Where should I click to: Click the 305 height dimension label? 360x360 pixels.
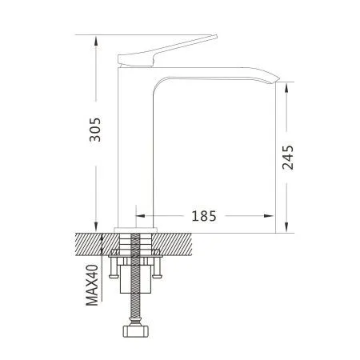tap(95, 130)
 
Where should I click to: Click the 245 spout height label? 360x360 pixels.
tap(288, 158)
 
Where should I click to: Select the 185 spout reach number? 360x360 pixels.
tap(204, 216)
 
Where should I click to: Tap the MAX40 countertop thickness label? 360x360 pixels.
tap(92, 285)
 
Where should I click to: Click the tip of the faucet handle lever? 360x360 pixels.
tap(216, 36)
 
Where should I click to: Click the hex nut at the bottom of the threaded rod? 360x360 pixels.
tap(135, 330)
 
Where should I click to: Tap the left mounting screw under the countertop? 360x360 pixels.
tap(114, 267)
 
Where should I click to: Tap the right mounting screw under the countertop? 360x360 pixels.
tap(158, 267)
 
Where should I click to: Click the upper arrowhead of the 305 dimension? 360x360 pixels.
tap(96, 41)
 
